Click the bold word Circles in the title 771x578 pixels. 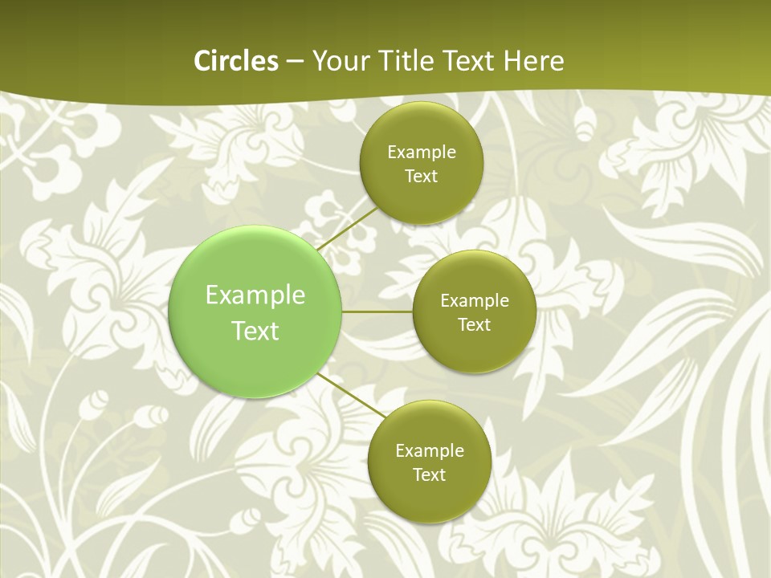[x=236, y=61]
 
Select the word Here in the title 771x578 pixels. [x=533, y=61]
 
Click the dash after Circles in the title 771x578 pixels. [x=295, y=62]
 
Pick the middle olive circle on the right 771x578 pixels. [x=474, y=349]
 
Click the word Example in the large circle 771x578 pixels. [x=255, y=295]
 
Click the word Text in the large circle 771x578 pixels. [x=255, y=331]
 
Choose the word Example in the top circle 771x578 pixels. [x=421, y=153]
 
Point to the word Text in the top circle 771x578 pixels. [x=421, y=177]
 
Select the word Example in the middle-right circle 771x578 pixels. [x=474, y=301]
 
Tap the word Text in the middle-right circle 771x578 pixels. [x=474, y=325]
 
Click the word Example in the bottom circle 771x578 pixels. [x=429, y=451]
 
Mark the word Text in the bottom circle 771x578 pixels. [x=429, y=475]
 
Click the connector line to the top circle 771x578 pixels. [x=347, y=229]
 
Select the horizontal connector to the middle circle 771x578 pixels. [x=377, y=311]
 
